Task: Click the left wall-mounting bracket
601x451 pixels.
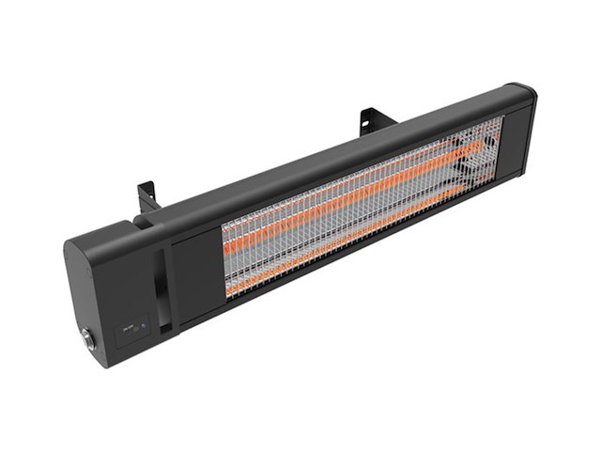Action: click(147, 195)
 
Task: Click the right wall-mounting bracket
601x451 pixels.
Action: click(374, 119)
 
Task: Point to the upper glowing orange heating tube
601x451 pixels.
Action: click(357, 192)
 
